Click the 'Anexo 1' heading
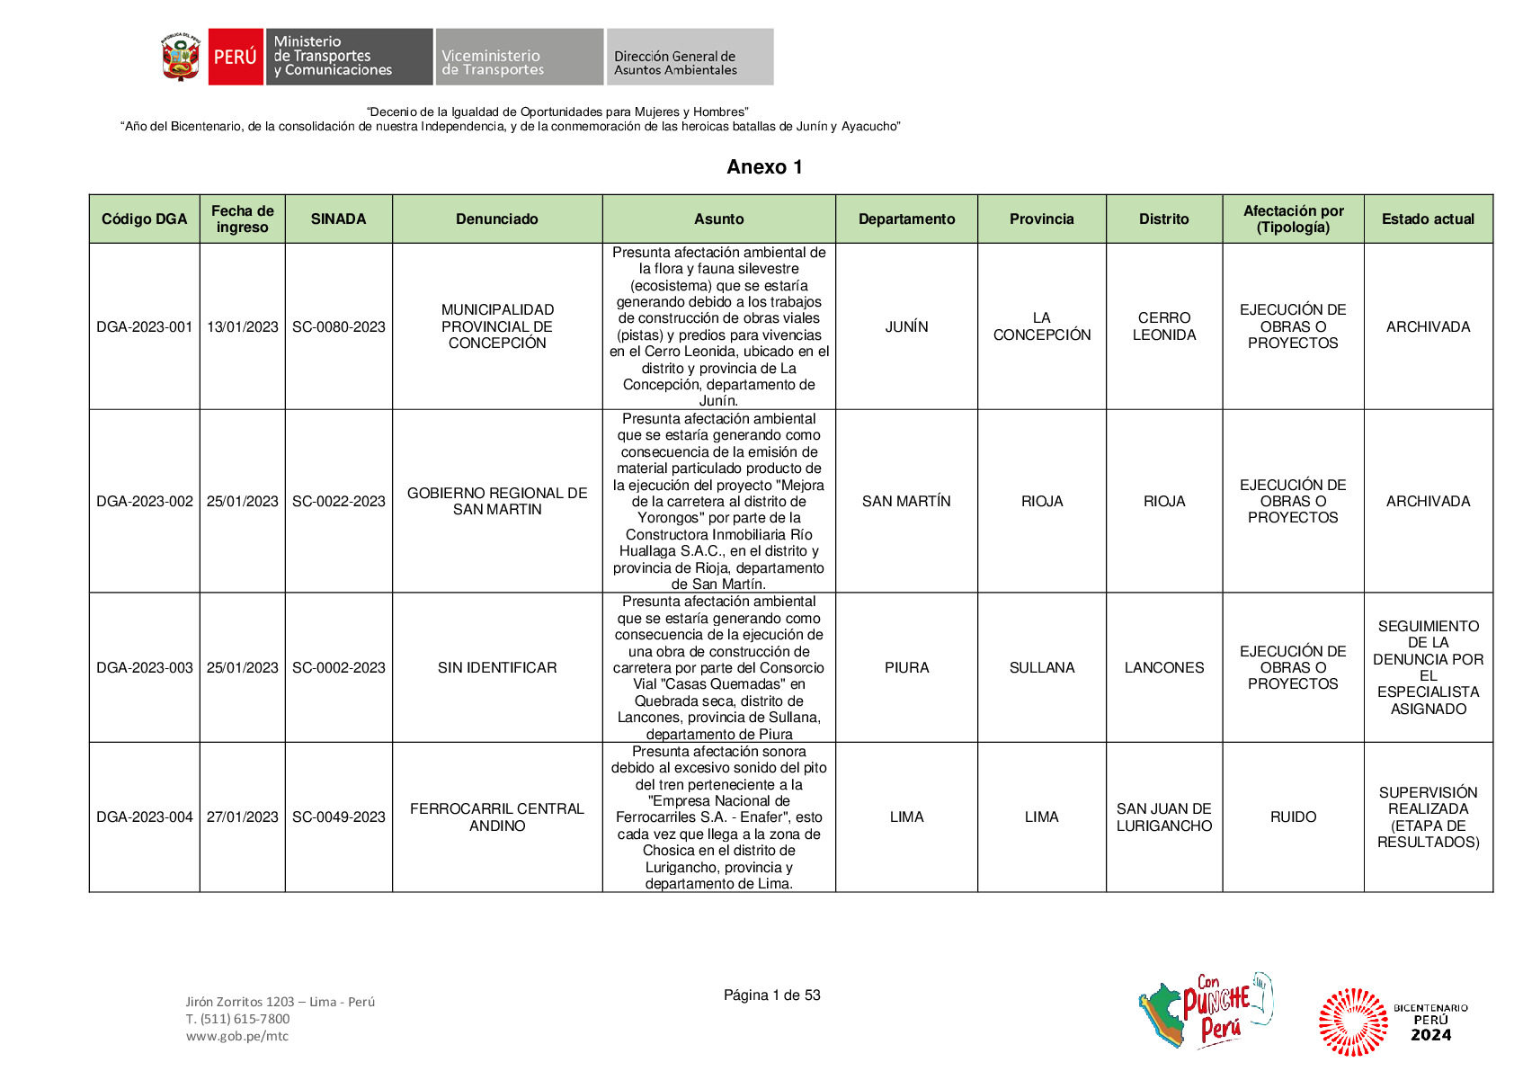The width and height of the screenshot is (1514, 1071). [764, 167]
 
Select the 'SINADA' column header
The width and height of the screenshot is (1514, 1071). [338, 219]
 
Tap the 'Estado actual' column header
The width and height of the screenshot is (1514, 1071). [1428, 219]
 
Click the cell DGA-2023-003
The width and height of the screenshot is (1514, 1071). [145, 667]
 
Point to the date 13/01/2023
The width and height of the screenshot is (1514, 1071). [243, 326]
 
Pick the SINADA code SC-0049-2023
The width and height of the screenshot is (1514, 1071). [338, 817]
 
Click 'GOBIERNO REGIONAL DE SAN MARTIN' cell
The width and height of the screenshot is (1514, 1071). [497, 501]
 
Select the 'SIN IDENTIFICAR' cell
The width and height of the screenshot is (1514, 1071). [497, 667]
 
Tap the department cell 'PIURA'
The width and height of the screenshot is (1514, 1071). [906, 667]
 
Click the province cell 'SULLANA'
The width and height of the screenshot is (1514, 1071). [1041, 667]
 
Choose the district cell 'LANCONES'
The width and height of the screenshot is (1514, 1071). [1163, 667]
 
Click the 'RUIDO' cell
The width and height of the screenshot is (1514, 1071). [1293, 817]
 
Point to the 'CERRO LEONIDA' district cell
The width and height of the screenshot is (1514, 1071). [1163, 326]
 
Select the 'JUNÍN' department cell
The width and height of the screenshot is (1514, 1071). [906, 326]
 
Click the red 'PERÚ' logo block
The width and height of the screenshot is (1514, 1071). [236, 57]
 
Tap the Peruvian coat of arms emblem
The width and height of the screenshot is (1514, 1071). [181, 57]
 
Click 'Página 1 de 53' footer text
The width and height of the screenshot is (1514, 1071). [771, 995]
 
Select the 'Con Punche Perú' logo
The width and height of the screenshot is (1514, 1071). [1207, 1011]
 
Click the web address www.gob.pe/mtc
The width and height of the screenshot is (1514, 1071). [237, 1036]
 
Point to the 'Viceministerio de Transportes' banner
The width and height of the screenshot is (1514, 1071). [519, 57]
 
